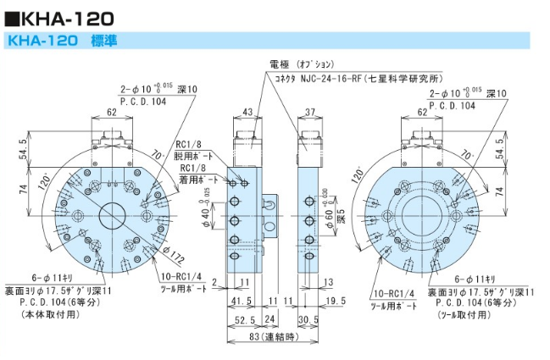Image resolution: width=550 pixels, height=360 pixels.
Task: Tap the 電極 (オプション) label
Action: pos(301,64)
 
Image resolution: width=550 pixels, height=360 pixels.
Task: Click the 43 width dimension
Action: pos(247,112)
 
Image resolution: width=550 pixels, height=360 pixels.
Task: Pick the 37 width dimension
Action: pos(309,112)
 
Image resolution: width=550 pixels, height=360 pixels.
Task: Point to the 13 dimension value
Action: pos(329,283)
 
